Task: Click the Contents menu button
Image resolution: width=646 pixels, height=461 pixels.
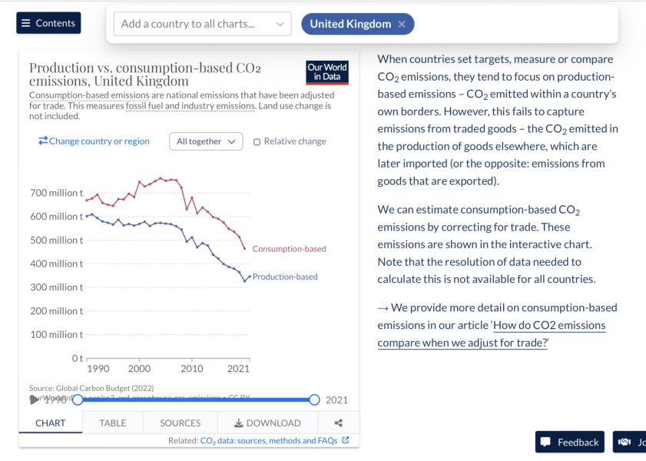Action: point(48,23)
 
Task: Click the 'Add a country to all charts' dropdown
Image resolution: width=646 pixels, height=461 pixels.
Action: point(202,24)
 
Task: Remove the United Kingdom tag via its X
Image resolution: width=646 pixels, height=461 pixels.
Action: point(402,24)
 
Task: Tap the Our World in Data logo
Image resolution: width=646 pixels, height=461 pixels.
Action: point(327,71)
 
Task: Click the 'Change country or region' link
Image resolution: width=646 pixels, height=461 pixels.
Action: point(94,141)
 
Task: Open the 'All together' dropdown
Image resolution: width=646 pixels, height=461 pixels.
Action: point(206,141)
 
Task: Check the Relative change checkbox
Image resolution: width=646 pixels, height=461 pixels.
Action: point(257,141)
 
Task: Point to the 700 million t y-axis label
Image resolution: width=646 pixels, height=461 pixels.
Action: point(56,193)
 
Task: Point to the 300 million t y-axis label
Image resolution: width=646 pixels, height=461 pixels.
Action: point(56,287)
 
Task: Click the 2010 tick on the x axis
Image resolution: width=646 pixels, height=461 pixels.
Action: point(191,369)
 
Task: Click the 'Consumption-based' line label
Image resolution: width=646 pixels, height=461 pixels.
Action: point(289,249)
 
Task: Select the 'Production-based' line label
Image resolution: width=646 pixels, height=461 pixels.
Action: point(285,277)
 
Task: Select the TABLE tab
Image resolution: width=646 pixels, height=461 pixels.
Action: point(113,423)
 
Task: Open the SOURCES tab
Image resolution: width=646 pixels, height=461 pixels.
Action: point(180,423)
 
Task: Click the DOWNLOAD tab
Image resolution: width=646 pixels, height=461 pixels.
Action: point(267,423)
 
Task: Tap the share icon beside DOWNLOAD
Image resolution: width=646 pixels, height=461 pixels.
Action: point(339,423)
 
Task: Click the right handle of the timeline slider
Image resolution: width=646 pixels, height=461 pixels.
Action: point(314,400)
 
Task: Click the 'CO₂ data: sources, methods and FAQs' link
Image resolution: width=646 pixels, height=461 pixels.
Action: point(269,441)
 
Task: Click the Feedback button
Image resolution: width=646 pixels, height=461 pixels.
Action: point(570,442)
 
